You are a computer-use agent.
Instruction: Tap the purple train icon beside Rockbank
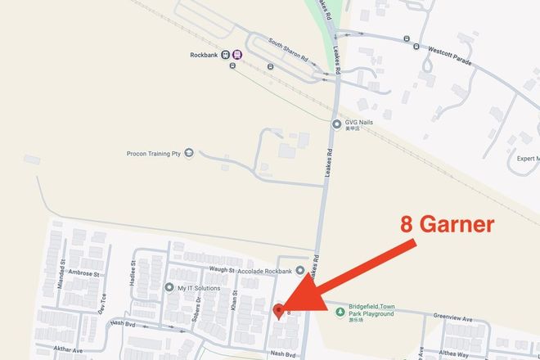coord(237,56)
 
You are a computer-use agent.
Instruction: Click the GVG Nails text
coord(360,124)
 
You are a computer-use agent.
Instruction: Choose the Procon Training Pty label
coord(153,153)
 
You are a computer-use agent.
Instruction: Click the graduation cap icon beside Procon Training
coord(189,153)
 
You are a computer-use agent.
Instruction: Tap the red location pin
coord(278,310)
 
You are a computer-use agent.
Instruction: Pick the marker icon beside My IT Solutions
coord(169,288)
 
